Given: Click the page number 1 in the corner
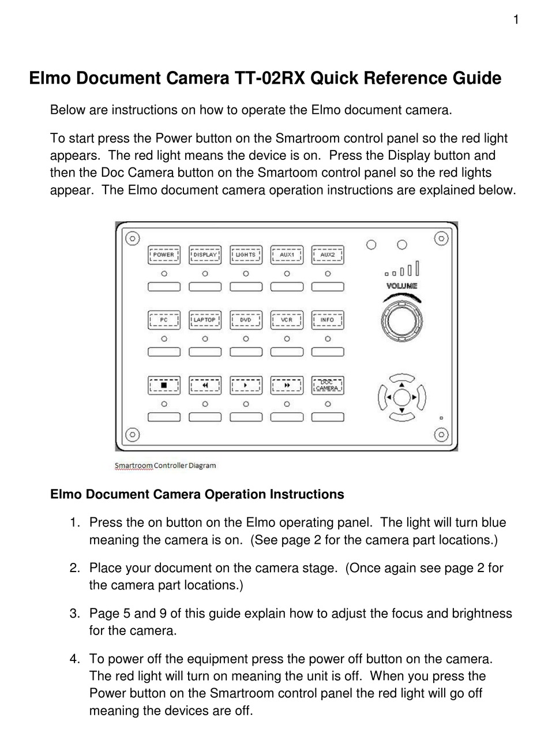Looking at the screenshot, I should click(516, 20).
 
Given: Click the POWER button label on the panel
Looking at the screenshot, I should click(164, 255).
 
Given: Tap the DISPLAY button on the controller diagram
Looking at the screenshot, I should click(205, 255).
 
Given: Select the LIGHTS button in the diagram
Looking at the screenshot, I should click(246, 255).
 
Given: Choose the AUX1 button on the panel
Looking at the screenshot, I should click(287, 255).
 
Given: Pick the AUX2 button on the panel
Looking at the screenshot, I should click(328, 255).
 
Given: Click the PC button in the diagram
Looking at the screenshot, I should click(164, 320).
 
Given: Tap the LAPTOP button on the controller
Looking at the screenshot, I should click(205, 320).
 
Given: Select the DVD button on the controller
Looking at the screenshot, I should click(246, 320).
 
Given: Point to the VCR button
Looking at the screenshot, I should click(287, 320).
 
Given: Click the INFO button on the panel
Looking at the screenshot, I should click(328, 320).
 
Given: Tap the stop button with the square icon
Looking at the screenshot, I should click(164, 385).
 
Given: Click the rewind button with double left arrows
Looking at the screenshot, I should click(205, 385).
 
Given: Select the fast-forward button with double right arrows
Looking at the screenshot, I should click(287, 385).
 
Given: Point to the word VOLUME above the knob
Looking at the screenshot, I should click(401, 286).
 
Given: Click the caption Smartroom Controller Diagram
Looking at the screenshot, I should click(165, 465).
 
